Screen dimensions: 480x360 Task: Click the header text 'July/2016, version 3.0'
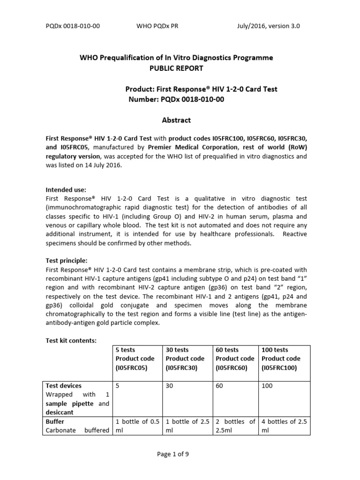268,26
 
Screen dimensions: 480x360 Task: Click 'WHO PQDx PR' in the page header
152,26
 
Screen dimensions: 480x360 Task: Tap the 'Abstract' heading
176,120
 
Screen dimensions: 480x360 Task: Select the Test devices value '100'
267,386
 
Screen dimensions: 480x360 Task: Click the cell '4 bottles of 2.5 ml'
284,426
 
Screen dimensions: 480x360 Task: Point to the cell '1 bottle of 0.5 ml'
138,426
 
